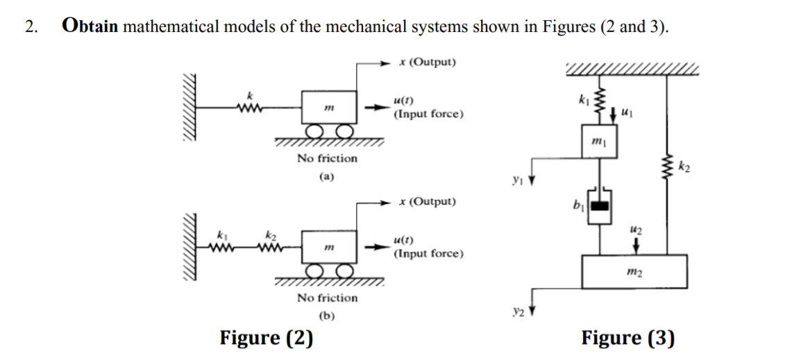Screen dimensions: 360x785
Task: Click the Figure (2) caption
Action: pos(266,338)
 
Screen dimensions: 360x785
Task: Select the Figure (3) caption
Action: pos(627,338)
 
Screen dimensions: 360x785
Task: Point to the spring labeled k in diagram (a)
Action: pos(248,107)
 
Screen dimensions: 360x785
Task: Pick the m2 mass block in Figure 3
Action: pos(634,271)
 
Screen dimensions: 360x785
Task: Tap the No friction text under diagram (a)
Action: pos(327,158)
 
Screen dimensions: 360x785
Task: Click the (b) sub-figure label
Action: pos(327,316)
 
